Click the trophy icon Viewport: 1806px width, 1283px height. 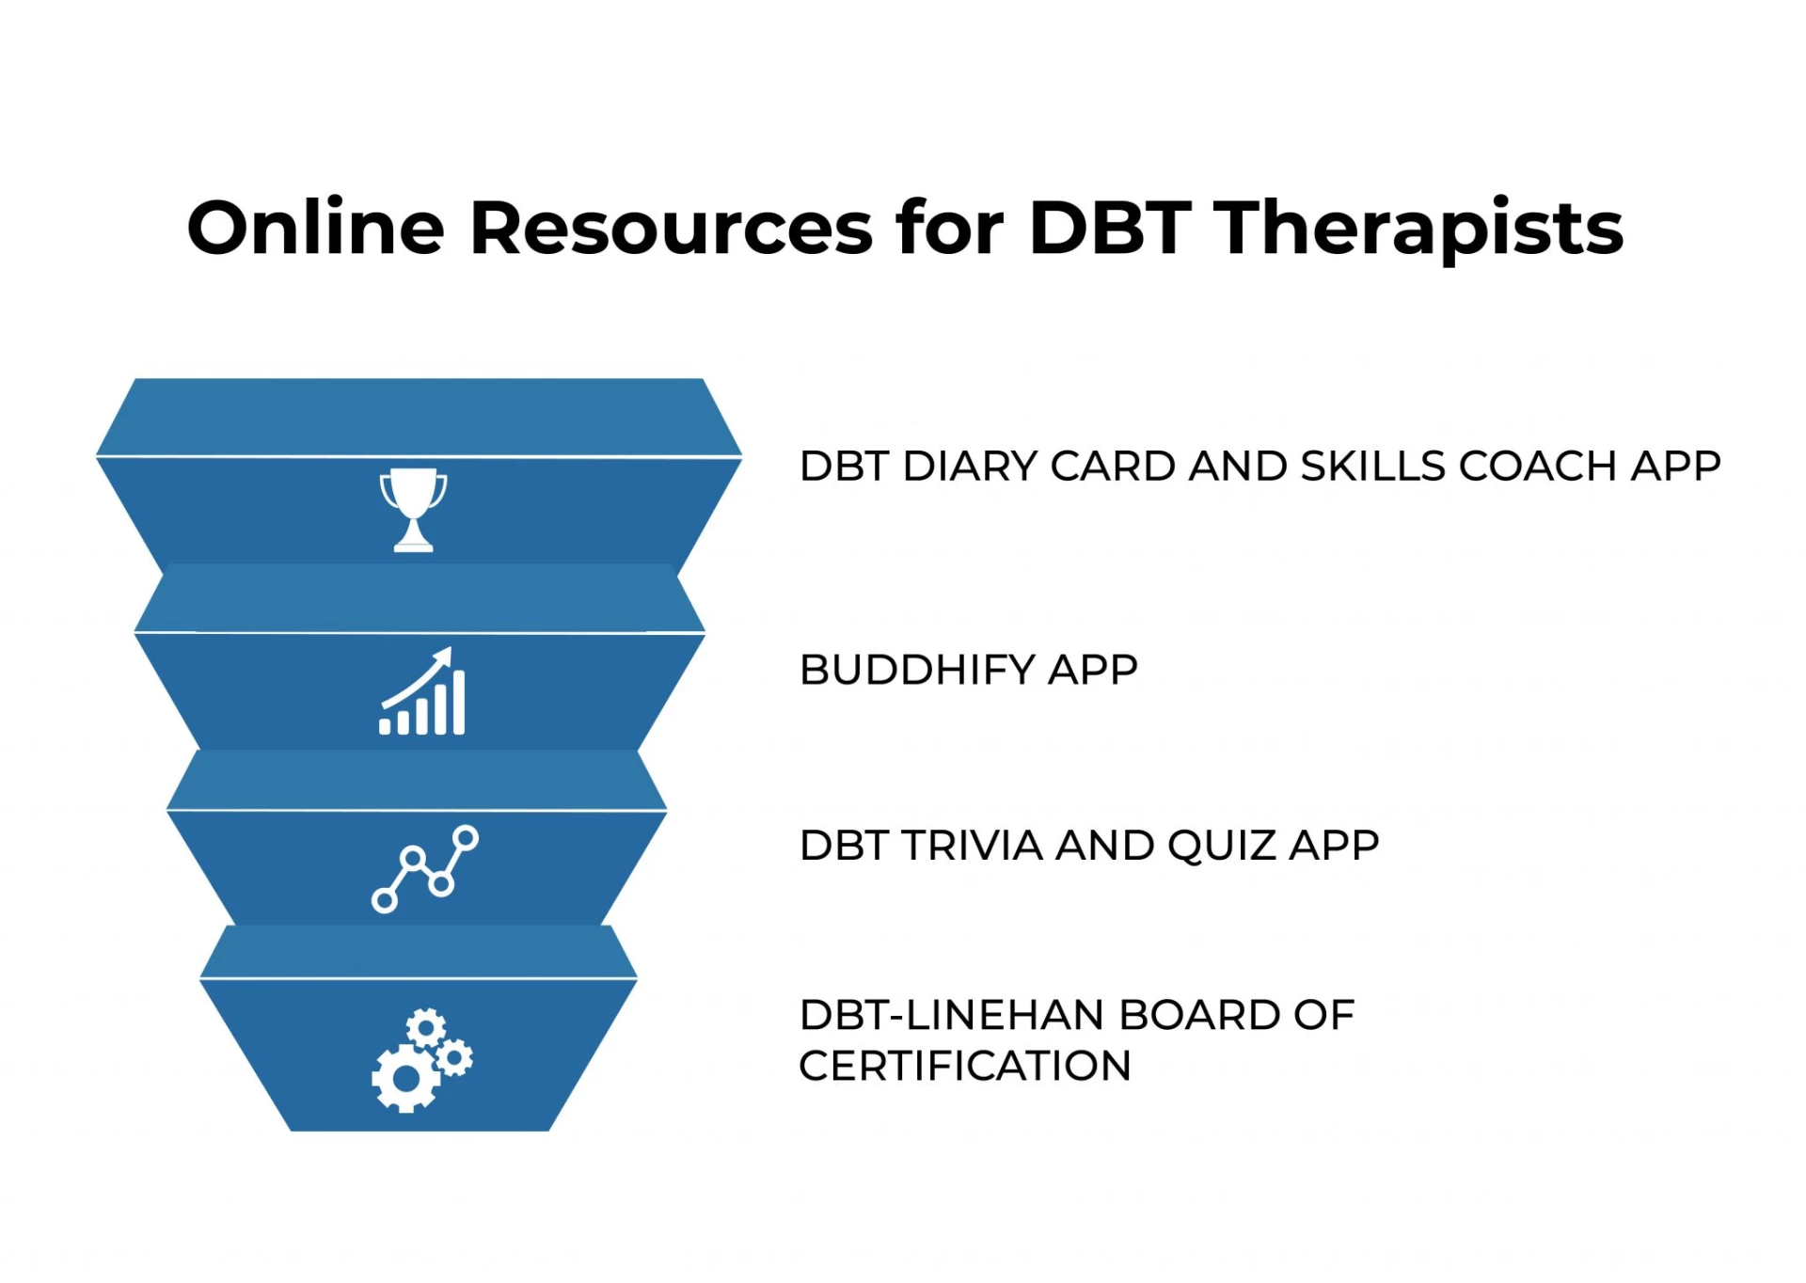pyautogui.click(x=413, y=509)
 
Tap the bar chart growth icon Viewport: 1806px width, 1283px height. pyautogui.click(x=421, y=691)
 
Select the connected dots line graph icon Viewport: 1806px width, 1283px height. pyautogui.click(x=424, y=868)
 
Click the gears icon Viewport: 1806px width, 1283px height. pyautogui.click(x=421, y=1060)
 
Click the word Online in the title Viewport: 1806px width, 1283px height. pyautogui.click(x=315, y=228)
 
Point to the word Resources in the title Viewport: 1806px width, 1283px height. pyautogui.click(x=672, y=228)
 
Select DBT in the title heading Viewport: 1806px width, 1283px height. pyautogui.click(x=1111, y=228)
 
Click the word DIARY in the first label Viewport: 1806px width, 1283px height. pyautogui.click(x=970, y=467)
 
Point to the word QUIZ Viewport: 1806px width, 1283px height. pyautogui.click(x=1221, y=847)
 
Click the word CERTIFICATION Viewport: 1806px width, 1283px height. pyautogui.click(x=964, y=1067)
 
